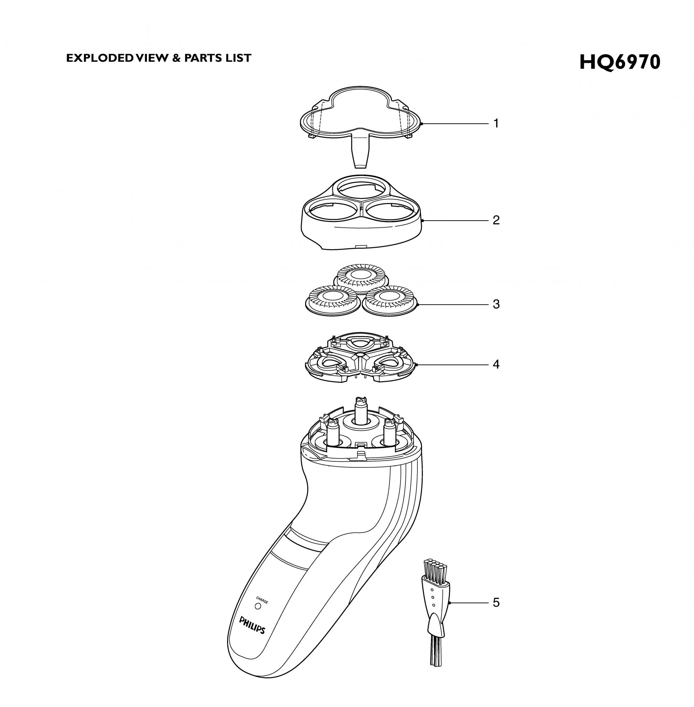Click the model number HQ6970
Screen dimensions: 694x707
click(x=619, y=62)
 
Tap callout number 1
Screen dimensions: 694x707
click(x=496, y=124)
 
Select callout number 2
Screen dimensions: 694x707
click(x=496, y=220)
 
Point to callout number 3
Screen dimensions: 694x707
click(x=496, y=304)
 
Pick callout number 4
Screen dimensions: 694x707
click(x=496, y=364)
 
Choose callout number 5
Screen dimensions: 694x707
click(x=496, y=603)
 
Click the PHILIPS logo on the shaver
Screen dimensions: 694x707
click(x=252, y=625)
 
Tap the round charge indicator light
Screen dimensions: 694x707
click(x=258, y=606)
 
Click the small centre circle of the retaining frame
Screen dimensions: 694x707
click(x=360, y=354)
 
